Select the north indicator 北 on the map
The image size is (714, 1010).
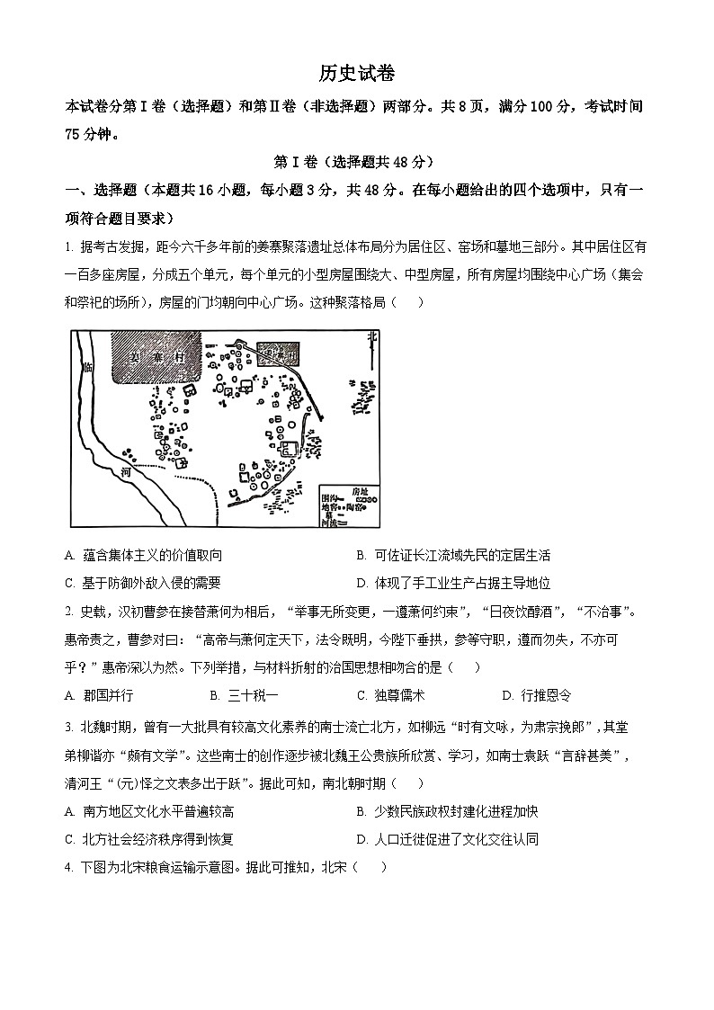(x=372, y=338)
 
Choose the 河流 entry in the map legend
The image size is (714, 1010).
(x=335, y=523)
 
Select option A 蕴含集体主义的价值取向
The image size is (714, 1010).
(x=144, y=556)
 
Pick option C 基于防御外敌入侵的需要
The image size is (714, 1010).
(x=143, y=582)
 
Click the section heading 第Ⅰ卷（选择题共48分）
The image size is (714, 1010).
(x=356, y=162)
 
